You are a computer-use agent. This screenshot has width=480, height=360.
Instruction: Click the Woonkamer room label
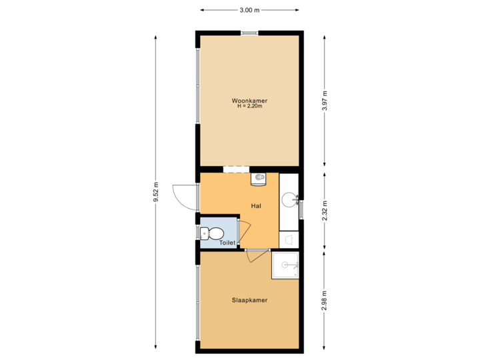[x=250, y=101]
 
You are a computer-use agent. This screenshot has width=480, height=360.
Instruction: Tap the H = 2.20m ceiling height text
[x=250, y=106]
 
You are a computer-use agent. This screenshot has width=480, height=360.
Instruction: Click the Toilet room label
[x=227, y=243]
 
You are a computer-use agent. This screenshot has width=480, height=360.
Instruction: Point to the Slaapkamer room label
[x=250, y=300]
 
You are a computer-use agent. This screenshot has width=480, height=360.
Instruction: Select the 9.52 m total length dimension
[x=156, y=194]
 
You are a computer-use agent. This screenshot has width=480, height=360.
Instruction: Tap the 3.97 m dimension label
[x=325, y=100]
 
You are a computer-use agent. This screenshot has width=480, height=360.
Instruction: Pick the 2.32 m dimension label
[x=325, y=209]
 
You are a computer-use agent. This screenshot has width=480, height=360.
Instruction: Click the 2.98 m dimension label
[x=325, y=300]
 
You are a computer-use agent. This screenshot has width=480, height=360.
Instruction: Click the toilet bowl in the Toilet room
[x=213, y=233]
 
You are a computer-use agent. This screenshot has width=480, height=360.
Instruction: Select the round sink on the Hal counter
[x=289, y=199]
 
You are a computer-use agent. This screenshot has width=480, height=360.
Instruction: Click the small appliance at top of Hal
[x=259, y=178]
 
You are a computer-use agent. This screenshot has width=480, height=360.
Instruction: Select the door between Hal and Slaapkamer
[x=257, y=254]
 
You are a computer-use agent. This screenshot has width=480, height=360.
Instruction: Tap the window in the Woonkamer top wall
[x=250, y=32]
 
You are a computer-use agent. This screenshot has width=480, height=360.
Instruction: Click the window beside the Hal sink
[x=301, y=209]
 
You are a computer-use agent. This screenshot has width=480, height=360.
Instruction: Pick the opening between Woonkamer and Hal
[x=236, y=169]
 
